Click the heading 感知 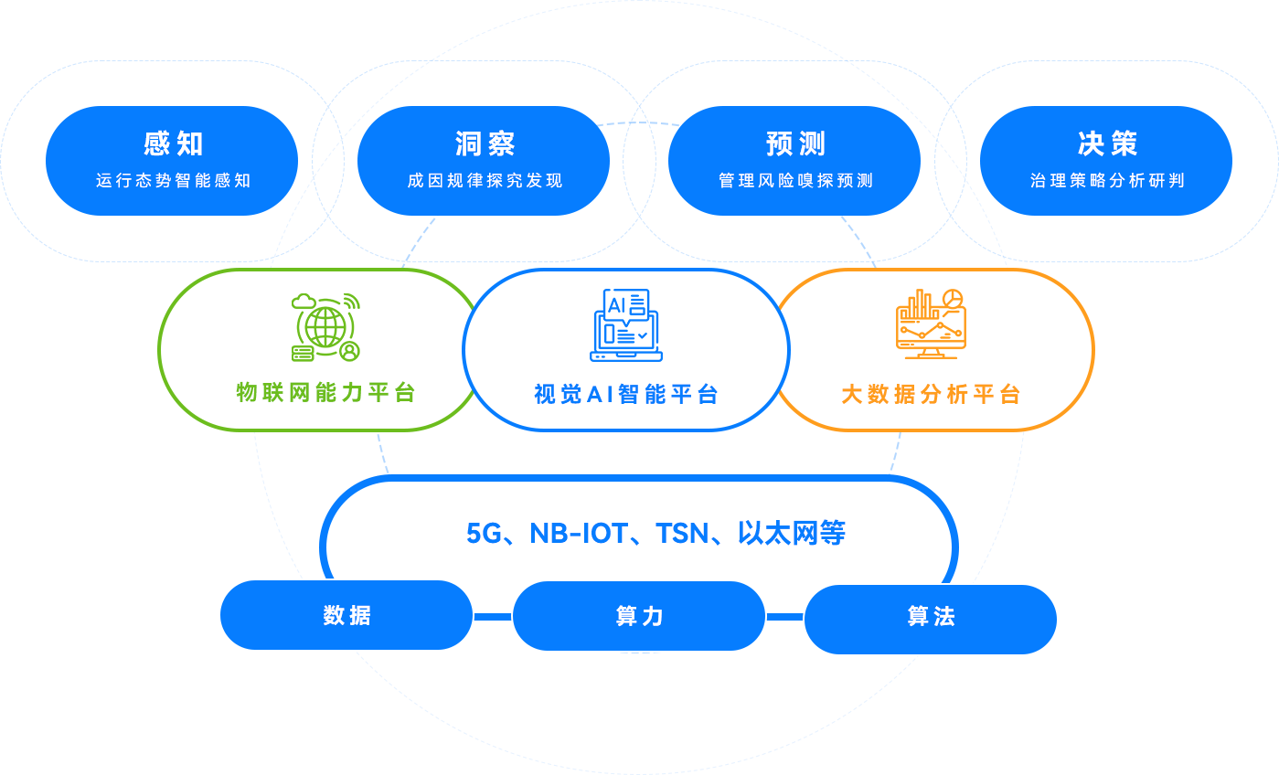174,144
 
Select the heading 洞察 485,144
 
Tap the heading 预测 796,144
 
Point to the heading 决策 1107,144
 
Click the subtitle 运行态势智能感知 174,181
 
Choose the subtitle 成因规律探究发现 485,181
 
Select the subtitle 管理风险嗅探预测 796,181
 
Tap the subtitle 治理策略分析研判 1107,181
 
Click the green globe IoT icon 325,326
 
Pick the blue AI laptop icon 626,325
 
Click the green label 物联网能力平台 326,393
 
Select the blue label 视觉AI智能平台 626,395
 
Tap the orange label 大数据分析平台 931,395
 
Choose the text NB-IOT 578,533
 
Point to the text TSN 683,533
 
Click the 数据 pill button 346,616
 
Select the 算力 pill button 639,617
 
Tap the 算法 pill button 931,618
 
